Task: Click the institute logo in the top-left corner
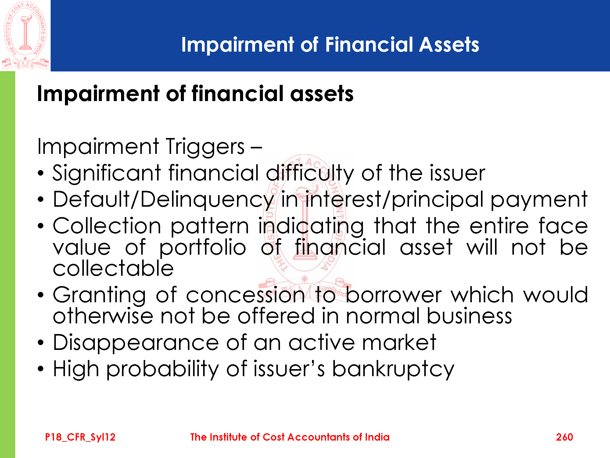click(25, 35)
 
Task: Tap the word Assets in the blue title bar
click(449, 45)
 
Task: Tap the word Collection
click(107, 226)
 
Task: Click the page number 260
click(564, 437)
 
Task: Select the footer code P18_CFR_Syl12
click(80, 437)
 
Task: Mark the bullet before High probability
click(41, 369)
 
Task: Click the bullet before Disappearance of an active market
click(41, 343)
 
